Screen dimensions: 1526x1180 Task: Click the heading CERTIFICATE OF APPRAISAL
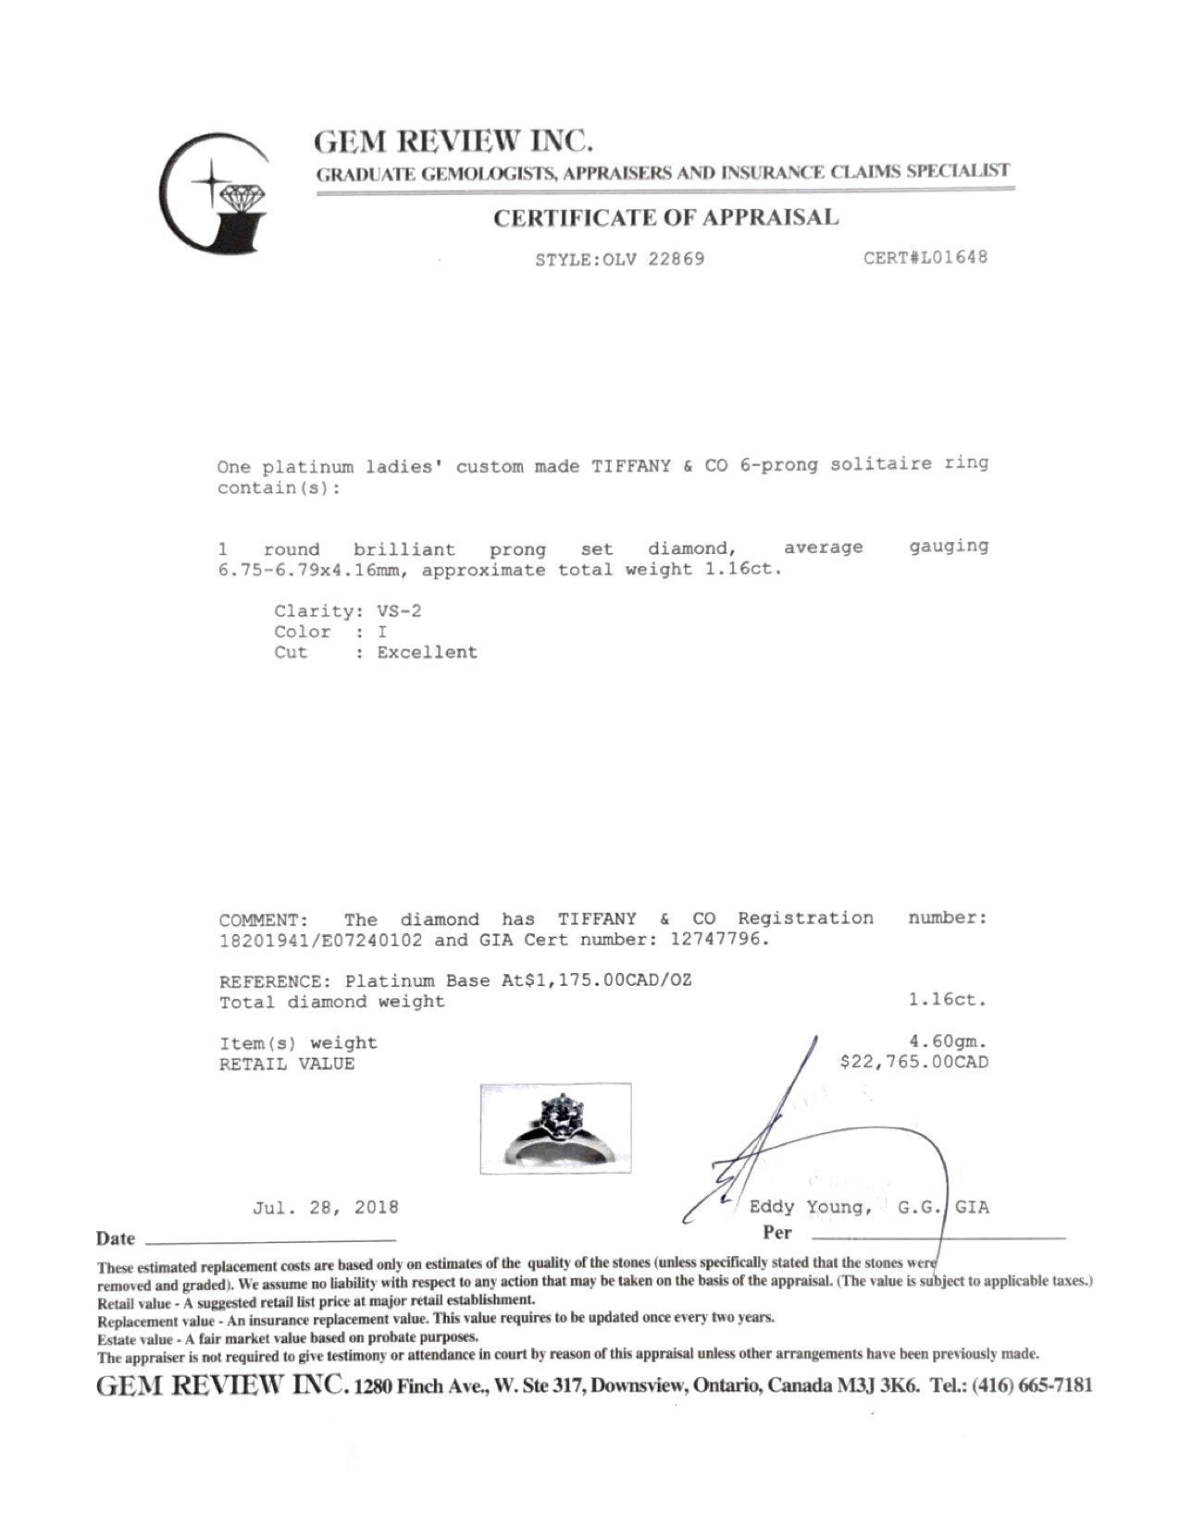665,218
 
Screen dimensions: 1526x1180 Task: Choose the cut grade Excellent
427,652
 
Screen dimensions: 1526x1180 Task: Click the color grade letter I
381,632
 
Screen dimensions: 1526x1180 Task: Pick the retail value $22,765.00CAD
913,1062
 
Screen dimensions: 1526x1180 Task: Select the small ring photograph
555,1127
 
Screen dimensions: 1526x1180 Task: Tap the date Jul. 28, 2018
325,1207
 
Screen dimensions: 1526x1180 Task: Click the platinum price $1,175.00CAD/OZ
608,980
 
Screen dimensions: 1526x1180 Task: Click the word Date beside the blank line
116,1238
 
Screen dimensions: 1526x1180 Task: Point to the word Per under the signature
777,1232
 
